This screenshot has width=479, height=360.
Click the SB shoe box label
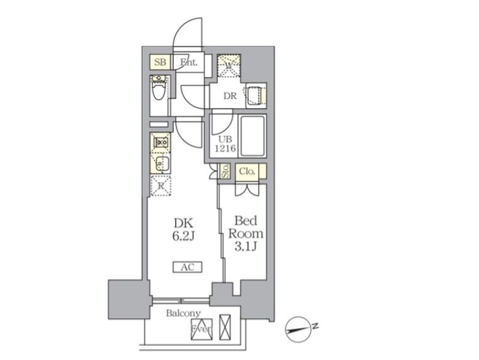click(x=160, y=62)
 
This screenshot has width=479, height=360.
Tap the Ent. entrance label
click(x=188, y=62)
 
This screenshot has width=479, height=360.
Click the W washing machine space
click(x=228, y=66)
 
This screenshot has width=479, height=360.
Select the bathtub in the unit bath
click(x=251, y=135)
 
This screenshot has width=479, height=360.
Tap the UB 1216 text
click(x=224, y=144)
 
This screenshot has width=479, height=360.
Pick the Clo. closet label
click(x=247, y=171)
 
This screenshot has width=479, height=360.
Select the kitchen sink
click(x=160, y=164)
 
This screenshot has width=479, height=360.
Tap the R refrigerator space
click(x=160, y=185)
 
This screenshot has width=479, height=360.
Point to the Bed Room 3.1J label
click(x=246, y=233)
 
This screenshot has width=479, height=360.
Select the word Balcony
click(x=183, y=313)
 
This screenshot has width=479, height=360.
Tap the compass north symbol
click(x=302, y=329)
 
